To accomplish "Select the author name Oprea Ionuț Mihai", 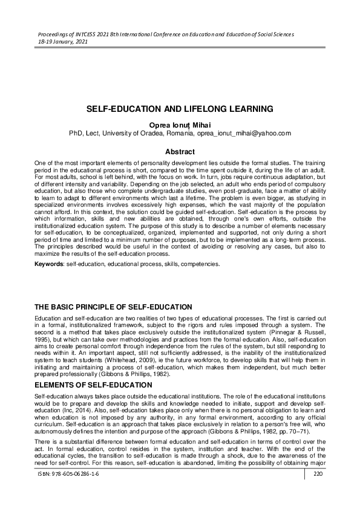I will [180, 123].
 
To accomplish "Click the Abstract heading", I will [180, 152].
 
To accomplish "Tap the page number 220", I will [316, 492].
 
